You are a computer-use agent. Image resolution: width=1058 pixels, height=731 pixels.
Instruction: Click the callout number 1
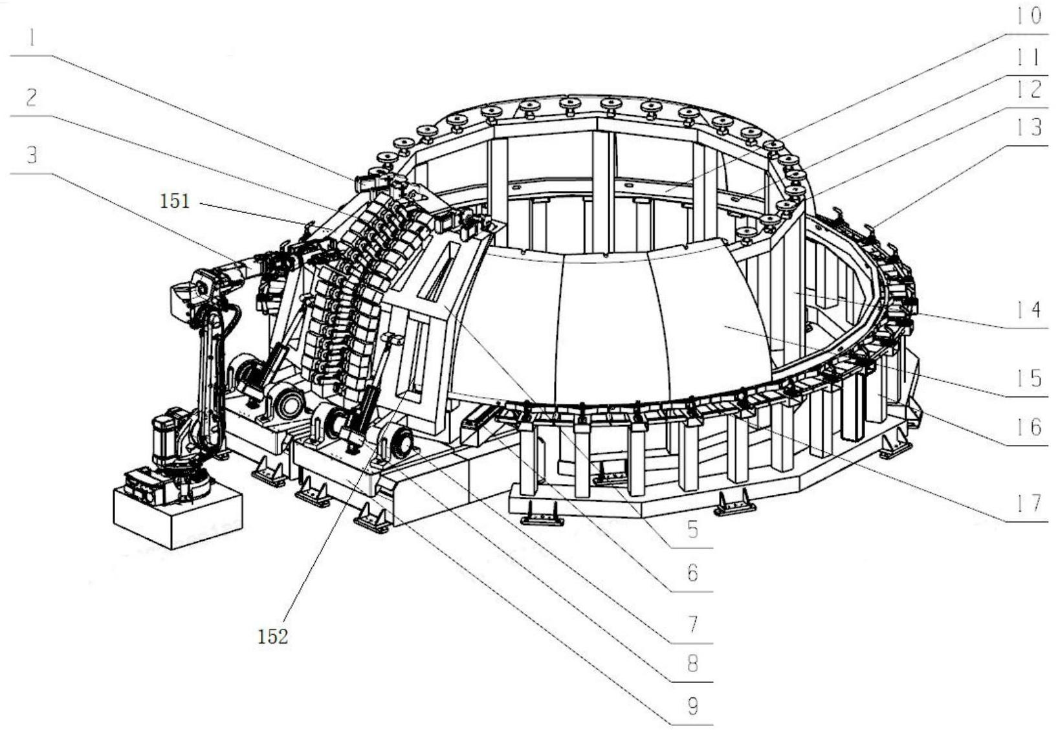pyautogui.click(x=30, y=39)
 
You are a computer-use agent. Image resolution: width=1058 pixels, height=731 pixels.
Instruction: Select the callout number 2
pyautogui.click(x=30, y=98)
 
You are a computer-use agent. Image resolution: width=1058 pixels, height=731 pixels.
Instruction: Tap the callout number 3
pyautogui.click(x=30, y=155)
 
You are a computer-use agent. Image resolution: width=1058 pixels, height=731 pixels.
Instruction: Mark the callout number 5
pyautogui.click(x=692, y=530)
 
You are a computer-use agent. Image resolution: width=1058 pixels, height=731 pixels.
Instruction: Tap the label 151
pyautogui.click(x=175, y=201)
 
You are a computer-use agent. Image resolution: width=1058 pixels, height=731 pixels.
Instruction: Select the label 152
pyautogui.click(x=272, y=637)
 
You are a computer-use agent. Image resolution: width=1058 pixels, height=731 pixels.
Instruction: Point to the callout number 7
pyautogui.click(x=692, y=624)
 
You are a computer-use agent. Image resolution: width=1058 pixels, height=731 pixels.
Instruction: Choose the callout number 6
pyautogui.click(x=692, y=573)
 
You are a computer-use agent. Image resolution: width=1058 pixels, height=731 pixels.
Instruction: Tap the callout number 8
pyautogui.click(x=692, y=664)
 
